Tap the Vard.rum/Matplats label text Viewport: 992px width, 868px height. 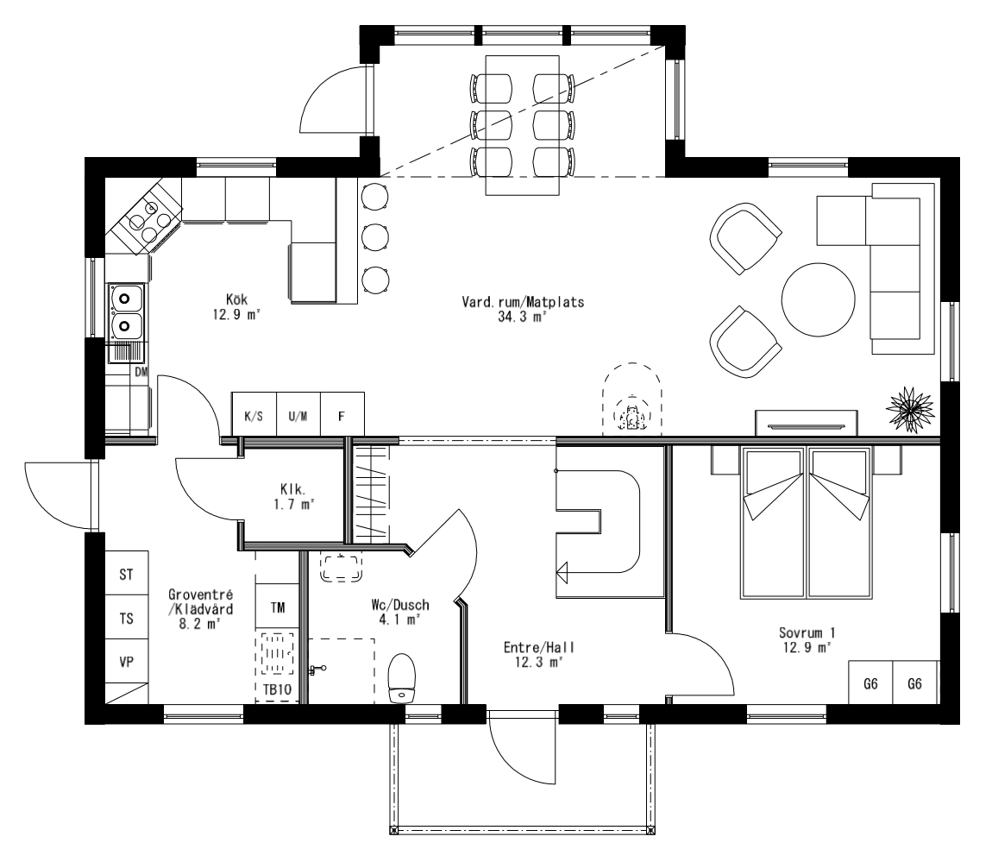[524, 310]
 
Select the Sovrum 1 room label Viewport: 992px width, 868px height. [807, 639]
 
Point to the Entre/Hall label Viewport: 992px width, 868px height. [539, 654]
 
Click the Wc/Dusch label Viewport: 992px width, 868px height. [394, 612]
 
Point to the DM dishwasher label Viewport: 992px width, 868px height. [141, 373]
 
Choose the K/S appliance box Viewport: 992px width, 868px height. [254, 416]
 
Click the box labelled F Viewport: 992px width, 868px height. [342, 416]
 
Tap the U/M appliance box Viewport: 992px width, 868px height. [298, 416]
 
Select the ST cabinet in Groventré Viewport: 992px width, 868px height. [126, 574]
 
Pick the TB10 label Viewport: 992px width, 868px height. [277, 689]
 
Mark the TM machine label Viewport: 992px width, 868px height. [277, 607]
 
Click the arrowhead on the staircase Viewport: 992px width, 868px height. [562, 569]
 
